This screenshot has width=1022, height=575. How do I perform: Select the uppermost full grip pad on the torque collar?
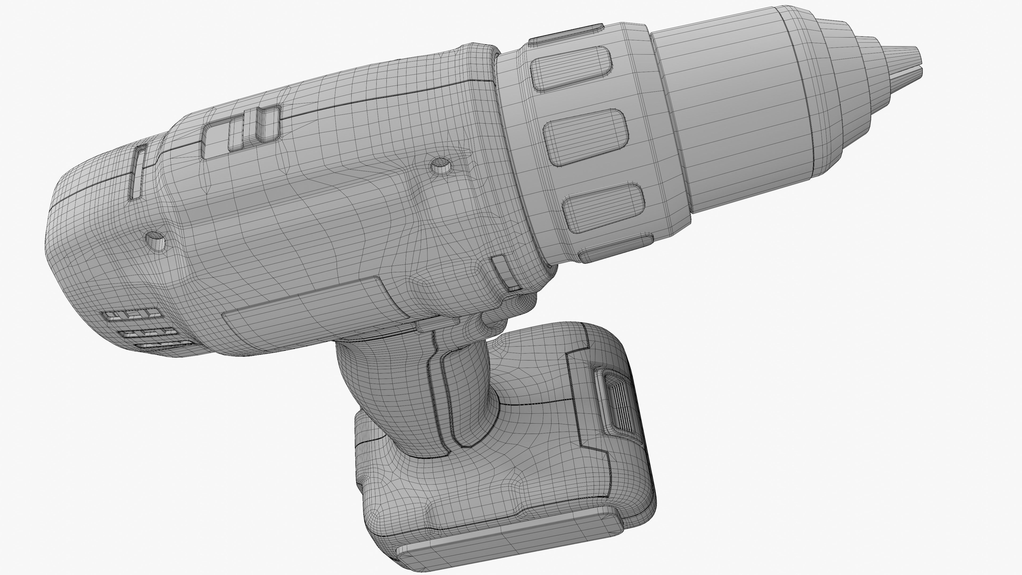pyautogui.click(x=571, y=68)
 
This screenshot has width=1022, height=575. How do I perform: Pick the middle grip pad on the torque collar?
pyautogui.click(x=586, y=137)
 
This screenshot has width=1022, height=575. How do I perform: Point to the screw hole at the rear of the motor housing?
pyautogui.click(x=155, y=240)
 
